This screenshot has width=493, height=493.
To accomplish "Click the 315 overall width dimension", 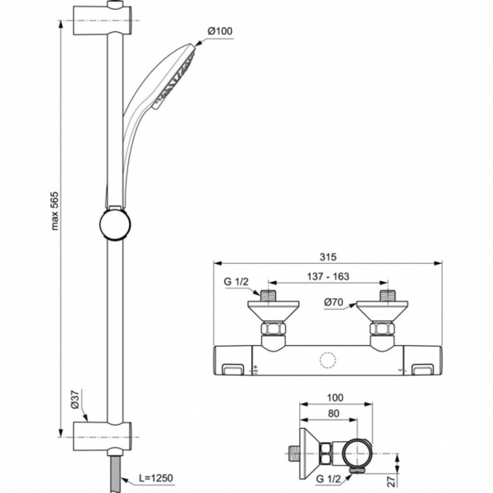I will click(x=329, y=256).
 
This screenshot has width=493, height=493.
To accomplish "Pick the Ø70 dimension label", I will click(x=334, y=302).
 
